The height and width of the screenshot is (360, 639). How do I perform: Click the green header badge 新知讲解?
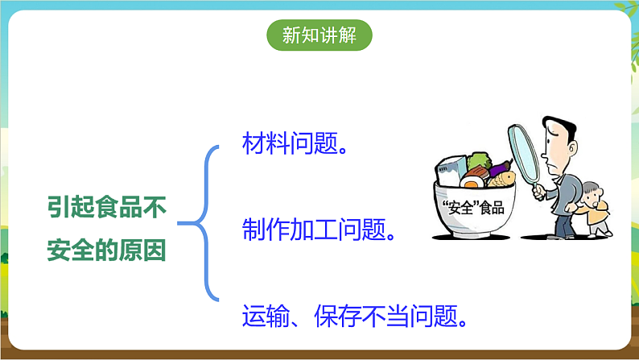[x=319, y=35]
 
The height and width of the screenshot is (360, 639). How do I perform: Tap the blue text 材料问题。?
[x=295, y=145]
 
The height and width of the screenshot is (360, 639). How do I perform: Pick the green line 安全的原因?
[x=106, y=251]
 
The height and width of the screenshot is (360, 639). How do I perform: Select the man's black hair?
[x=560, y=127]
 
